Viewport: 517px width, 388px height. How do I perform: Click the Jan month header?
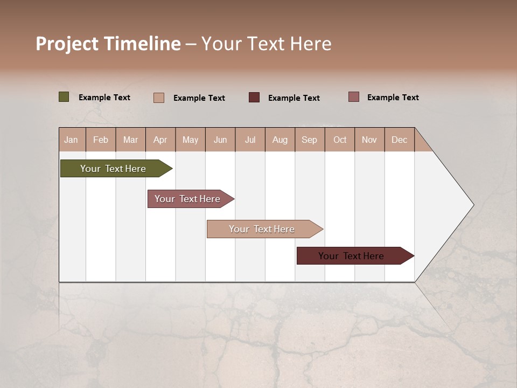point(71,140)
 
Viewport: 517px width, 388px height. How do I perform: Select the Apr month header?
point(160,140)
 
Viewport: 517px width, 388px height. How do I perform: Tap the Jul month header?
point(250,140)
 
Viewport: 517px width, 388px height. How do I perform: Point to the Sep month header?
point(309,140)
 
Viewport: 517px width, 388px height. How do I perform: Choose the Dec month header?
point(399,140)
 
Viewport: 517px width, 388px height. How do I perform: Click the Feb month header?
point(101,140)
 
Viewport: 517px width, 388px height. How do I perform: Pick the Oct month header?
point(340,140)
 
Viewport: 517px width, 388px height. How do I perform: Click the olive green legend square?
point(64,97)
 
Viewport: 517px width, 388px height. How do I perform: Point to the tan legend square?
point(159,98)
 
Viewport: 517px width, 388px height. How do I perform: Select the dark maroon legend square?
point(254,97)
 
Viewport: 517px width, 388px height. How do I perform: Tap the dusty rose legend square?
point(354,97)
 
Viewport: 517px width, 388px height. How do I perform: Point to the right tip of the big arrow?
point(473,205)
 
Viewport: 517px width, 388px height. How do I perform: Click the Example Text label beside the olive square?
point(104,98)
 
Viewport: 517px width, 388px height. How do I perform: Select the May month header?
point(190,140)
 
